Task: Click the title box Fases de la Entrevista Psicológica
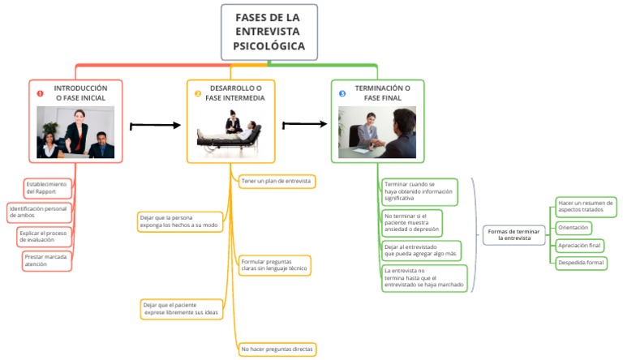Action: [269, 32]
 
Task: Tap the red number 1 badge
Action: [40, 93]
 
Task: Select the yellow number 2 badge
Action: [197, 93]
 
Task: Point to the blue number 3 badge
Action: [342, 93]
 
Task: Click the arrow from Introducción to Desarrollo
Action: [155, 126]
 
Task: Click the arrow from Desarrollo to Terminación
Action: [305, 124]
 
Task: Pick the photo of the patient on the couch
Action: [230, 131]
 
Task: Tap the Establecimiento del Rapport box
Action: [47, 187]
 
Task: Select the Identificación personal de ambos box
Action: [39, 212]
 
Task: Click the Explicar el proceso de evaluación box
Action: [45, 237]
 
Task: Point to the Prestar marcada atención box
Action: [46, 260]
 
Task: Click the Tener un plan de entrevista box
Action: [277, 181]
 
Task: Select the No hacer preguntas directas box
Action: [276, 349]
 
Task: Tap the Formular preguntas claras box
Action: [274, 264]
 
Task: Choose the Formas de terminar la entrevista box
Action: [514, 235]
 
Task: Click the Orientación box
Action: [574, 228]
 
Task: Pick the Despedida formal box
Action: [581, 263]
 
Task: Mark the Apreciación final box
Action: [580, 245]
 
